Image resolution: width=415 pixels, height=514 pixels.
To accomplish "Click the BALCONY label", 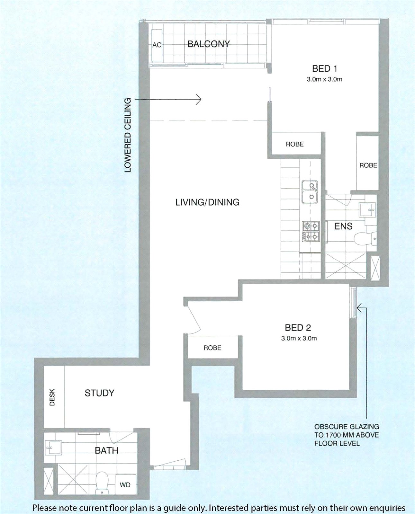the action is click(208, 44).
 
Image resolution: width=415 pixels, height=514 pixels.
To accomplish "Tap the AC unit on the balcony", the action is click(157, 45).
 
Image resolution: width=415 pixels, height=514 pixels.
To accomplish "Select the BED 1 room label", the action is click(325, 69).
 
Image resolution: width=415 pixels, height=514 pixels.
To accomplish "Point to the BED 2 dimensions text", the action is click(299, 339).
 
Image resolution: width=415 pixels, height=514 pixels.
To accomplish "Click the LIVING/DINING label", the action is click(207, 202).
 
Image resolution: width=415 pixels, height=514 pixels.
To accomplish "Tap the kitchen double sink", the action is click(310, 192).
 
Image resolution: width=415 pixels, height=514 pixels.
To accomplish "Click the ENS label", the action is click(343, 226).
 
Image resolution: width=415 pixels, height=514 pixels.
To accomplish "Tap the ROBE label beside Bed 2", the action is click(212, 348).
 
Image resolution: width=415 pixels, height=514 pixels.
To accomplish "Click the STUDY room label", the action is click(99, 393).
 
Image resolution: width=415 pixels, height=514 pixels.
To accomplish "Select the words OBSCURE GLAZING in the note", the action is click(347, 427).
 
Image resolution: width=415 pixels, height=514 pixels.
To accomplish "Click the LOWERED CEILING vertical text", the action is click(128, 135).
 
